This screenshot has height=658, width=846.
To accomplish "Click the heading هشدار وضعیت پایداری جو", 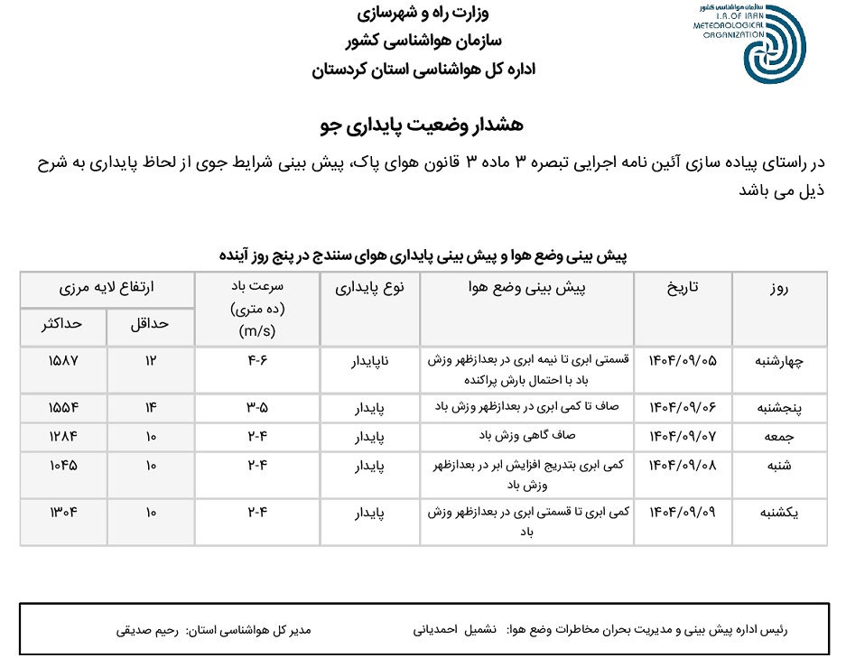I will pos(423,124).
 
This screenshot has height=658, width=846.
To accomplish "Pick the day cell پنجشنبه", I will pos(779,408).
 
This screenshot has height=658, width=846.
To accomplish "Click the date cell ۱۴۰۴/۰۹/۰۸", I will pos(682,465).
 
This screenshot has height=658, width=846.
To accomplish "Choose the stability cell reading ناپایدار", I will pos(368,360).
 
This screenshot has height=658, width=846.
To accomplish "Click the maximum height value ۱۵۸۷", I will pos(63,360).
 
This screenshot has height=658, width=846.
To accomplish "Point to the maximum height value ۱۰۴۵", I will pos(63,465).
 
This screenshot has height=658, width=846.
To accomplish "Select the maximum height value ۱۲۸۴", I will pos(63,436).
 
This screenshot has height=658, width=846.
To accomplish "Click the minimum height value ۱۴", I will pos(150,408).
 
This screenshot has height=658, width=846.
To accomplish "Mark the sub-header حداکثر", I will pos(63,323).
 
